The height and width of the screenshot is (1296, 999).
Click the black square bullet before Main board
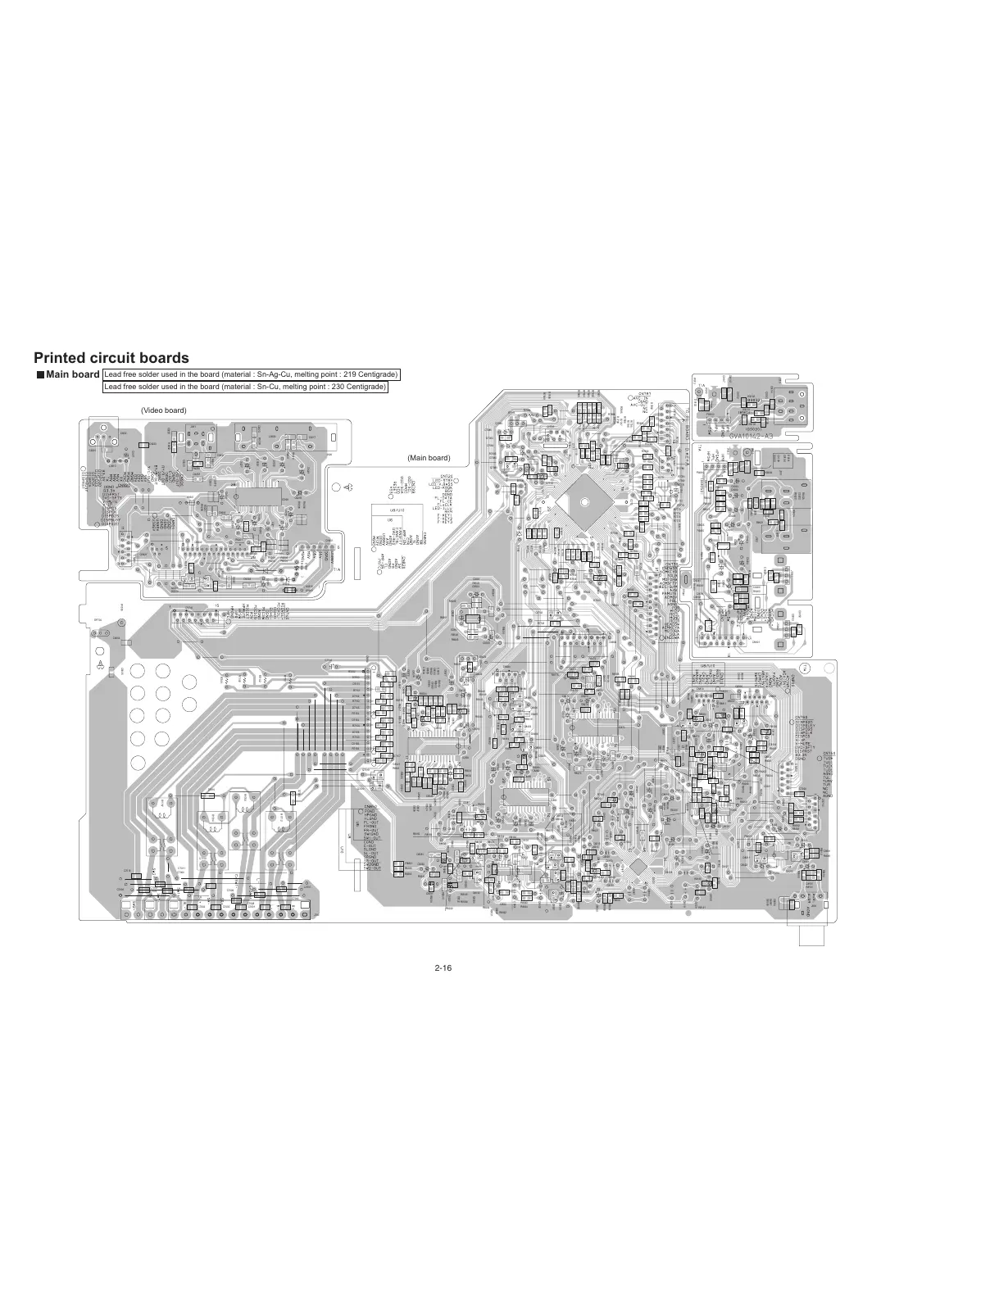click(x=39, y=375)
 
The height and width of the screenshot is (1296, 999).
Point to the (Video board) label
click(x=163, y=410)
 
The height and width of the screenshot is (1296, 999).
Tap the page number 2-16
click(x=444, y=967)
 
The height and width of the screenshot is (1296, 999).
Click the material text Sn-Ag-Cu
click(x=271, y=374)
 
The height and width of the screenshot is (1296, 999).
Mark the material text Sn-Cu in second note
click(x=267, y=387)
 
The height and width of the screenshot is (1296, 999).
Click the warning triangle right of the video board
click(x=351, y=487)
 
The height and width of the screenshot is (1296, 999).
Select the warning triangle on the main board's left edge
click(x=100, y=665)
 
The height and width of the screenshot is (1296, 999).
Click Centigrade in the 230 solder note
click(x=365, y=387)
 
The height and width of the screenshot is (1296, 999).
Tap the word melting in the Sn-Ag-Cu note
click(x=302, y=374)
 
